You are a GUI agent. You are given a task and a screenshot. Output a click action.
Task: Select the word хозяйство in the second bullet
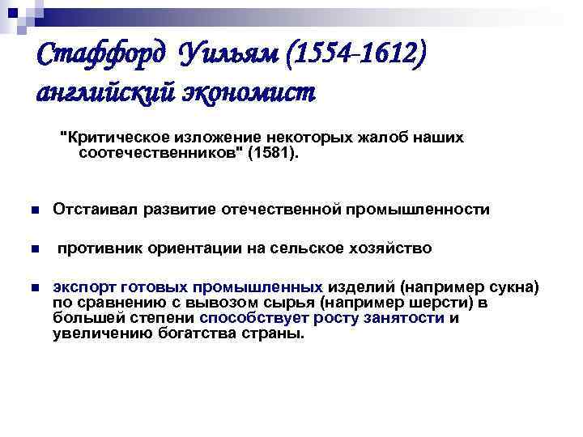click(391, 248)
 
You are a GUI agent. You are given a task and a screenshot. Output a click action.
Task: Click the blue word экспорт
click(83, 287)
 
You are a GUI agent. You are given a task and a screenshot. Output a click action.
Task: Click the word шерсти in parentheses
click(428, 303)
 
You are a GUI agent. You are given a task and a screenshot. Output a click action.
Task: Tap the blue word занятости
click(411, 318)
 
